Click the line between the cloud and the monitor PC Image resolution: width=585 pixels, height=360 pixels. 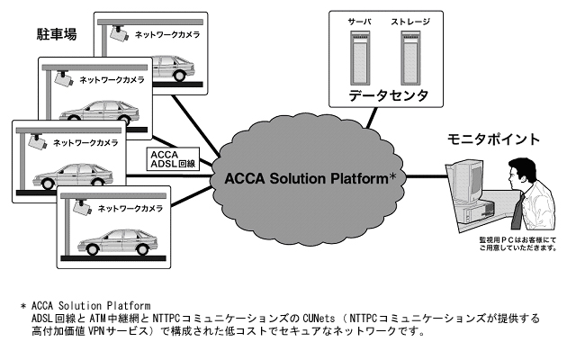pyautogui.click(x=425, y=175)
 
